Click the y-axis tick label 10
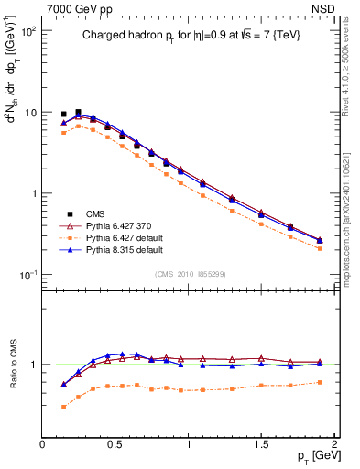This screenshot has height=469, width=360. [30, 112]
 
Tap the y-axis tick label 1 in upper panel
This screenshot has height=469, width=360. [34, 193]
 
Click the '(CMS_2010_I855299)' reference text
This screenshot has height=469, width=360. [190, 274]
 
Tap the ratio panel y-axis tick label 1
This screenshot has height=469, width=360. [34, 365]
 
